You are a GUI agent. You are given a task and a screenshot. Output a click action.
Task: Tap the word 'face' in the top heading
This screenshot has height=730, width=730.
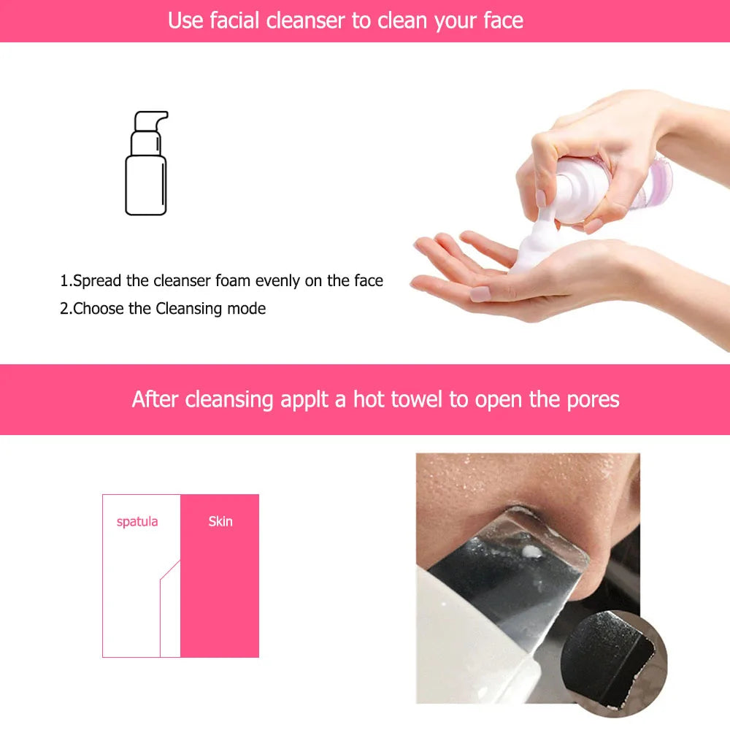click(x=503, y=21)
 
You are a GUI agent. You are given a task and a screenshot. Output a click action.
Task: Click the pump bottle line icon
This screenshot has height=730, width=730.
click(x=147, y=163)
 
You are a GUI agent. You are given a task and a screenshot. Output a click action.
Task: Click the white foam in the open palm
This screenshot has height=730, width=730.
click(x=535, y=247)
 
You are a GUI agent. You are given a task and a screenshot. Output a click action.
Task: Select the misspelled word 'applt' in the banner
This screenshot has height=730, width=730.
click(x=304, y=400)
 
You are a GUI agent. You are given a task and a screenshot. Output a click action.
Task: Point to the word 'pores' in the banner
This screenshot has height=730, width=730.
click(x=593, y=400)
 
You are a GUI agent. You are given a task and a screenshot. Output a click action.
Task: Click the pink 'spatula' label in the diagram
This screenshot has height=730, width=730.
click(x=137, y=522)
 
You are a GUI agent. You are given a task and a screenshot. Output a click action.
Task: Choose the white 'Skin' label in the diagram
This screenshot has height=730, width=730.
click(x=220, y=521)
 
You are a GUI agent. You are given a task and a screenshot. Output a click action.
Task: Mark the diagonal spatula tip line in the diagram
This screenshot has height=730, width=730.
click(x=170, y=570)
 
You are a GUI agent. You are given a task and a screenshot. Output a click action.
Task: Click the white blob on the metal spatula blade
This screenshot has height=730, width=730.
click(x=531, y=553)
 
